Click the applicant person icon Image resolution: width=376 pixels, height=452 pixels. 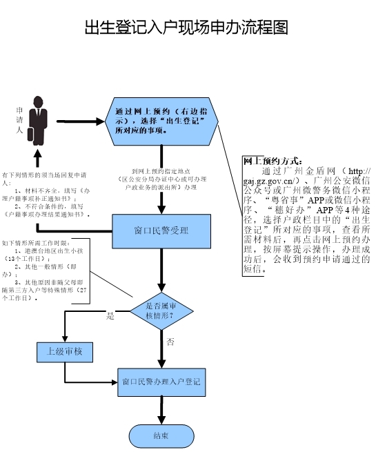[38, 117]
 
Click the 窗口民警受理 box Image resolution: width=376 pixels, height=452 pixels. [161, 230]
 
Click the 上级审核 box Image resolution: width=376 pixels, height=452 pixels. [64, 351]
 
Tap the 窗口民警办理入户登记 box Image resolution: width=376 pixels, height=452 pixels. [161, 381]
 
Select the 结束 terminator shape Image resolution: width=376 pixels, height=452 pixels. [161, 435]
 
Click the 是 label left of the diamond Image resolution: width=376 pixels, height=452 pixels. [110, 316]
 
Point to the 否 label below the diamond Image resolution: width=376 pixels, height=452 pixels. [170, 342]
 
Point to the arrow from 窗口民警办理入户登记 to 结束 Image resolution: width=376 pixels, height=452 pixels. [161, 411]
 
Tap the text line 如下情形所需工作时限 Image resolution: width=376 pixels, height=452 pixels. [34, 244]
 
